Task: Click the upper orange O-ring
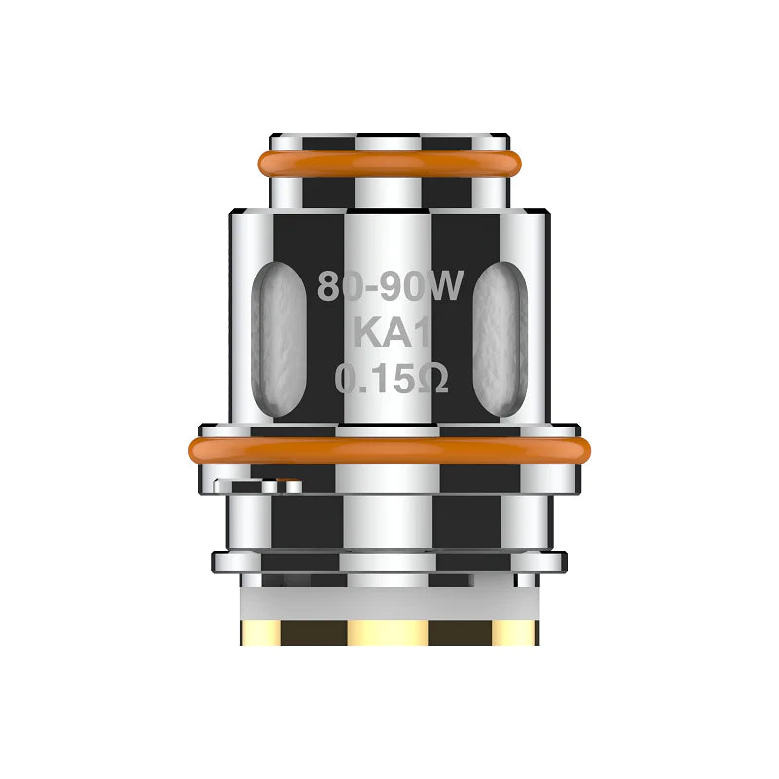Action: pyautogui.click(x=389, y=163)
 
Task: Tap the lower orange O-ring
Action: pyautogui.click(x=389, y=450)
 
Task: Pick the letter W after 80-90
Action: pyautogui.click(x=454, y=289)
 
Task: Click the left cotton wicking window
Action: pyautogui.click(x=274, y=336)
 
